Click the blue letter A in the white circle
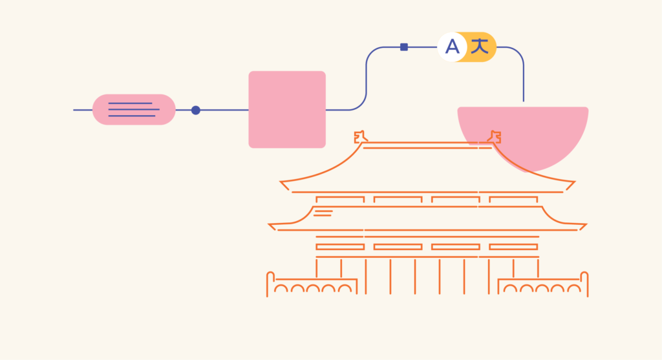pos(452,47)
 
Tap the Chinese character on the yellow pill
pos(480,46)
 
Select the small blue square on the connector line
pos(404,47)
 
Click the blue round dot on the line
pos(195,110)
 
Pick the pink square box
pos(287,109)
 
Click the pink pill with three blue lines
pos(134,109)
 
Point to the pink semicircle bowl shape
pos(523,137)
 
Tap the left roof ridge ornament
pos(360,137)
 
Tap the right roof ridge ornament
pos(495,137)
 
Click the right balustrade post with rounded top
pos(584,284)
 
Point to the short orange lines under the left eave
pos(323,213)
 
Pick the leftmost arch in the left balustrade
pos(281,289)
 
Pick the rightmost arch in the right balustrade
pos(574,289)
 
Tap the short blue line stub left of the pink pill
pos(83,110)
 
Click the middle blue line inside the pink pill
pos(134,109)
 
